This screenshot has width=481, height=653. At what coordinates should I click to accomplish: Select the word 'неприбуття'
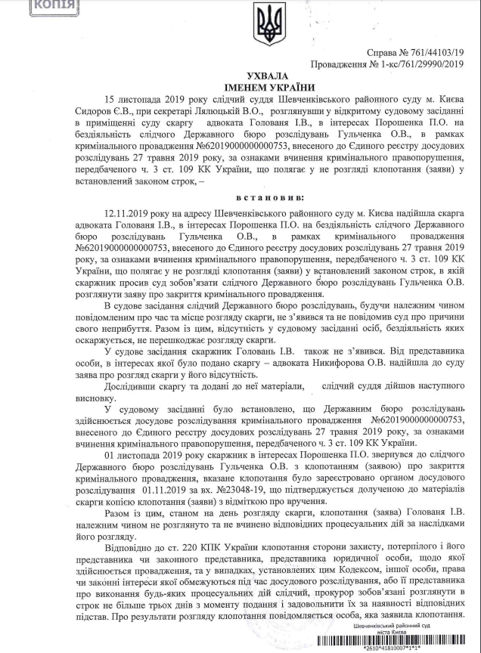click(129, 311)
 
